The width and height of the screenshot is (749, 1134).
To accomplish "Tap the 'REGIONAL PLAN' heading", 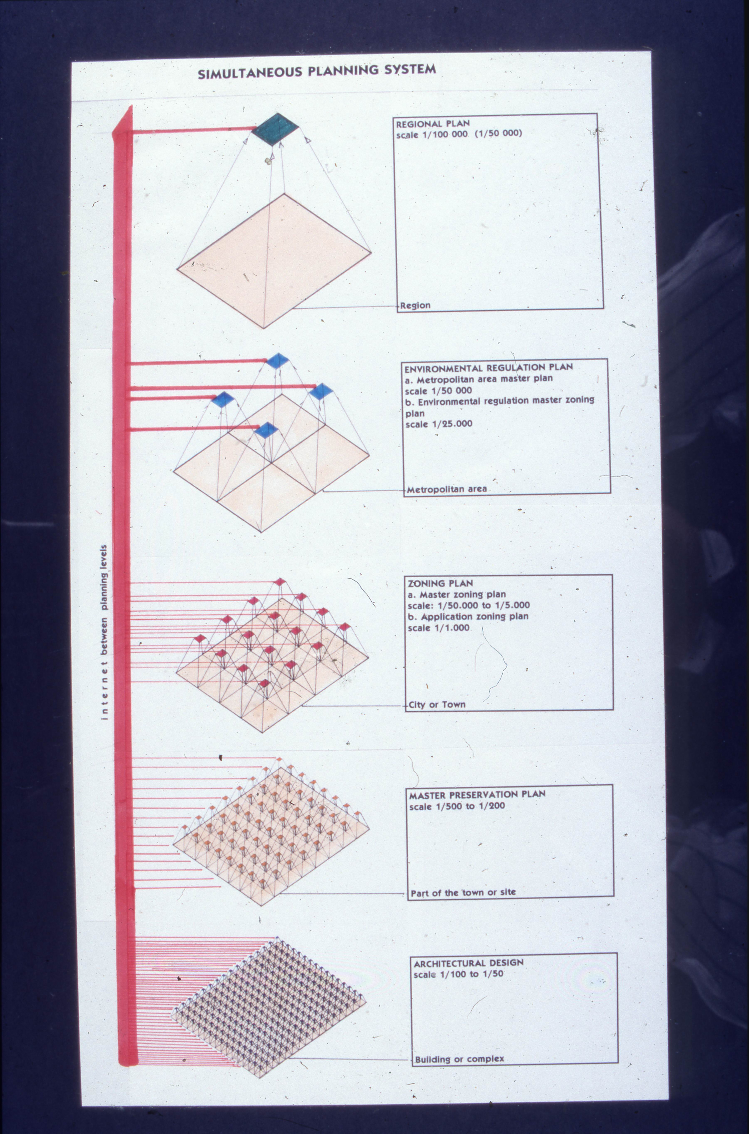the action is coord(433,123).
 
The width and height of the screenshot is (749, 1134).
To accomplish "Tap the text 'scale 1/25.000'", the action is coord(438,424).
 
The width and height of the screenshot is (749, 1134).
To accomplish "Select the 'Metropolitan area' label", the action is coord(447,489).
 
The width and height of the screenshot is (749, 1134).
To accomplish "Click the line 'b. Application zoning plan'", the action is coord(468,616).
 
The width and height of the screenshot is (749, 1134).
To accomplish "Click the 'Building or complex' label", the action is coord(459,1059).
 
